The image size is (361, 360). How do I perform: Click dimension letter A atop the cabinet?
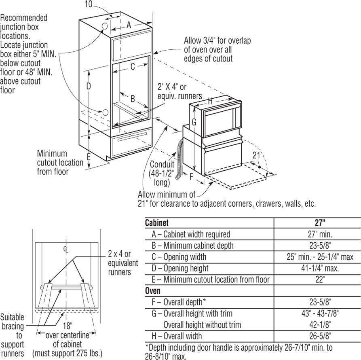click(x=129, y=25)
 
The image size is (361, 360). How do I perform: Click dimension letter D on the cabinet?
click(x=89, y=86)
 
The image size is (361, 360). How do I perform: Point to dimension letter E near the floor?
click(x=89, y=157)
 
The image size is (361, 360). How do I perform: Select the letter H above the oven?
click(x=210, y=101)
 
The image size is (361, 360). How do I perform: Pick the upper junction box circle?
click(x=104, y=26)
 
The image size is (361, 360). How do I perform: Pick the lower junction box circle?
click(x=105, y=112)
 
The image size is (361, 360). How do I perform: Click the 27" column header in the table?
click(x=317, y=223)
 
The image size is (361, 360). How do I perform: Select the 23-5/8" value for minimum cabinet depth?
click(x=317, y=246)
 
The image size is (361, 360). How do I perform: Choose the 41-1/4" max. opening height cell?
click(x=317, y=268)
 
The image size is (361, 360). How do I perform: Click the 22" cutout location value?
click(x=317, y=280)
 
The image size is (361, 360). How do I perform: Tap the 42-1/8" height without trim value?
click(x=317, y=325)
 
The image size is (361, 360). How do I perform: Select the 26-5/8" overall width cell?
click(x=317, y=336)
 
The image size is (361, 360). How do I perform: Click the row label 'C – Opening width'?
click(x=179, y=257)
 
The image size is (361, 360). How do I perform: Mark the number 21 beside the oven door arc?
click(x=256, y=155)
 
